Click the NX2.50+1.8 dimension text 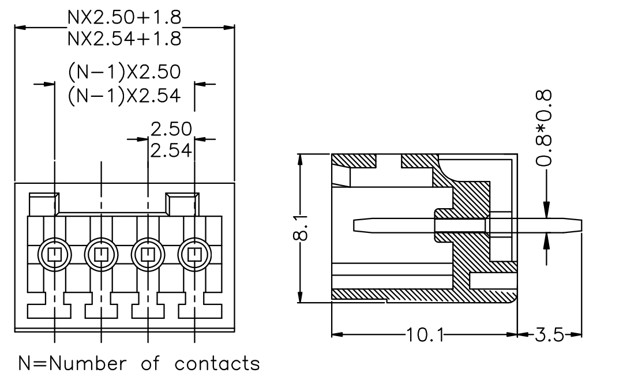[125, 17]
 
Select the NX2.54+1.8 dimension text [125, 39]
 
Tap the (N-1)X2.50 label [125, 72]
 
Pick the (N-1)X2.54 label [125, 96]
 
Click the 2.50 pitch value [171, 129]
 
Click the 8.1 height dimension [301, 228]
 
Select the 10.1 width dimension [425, 335]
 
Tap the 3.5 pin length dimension [550, 335]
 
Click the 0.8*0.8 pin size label [544, 129]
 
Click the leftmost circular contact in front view [54, 255]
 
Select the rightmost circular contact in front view [194, 255]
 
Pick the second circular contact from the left [101, 255]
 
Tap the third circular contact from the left [148, 255]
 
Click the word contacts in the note [217, 363]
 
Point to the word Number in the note [88, 363]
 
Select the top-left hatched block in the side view [354, 160]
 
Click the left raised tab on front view [44, 204]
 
